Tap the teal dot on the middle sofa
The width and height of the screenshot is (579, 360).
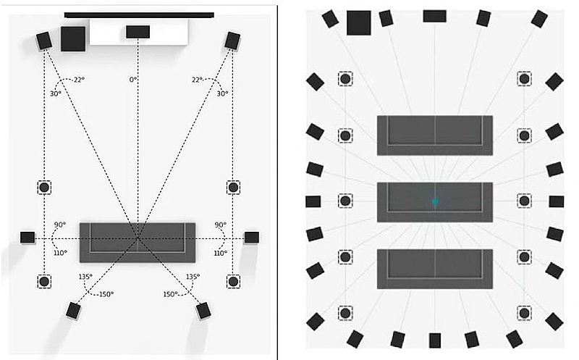[x=435, y=201]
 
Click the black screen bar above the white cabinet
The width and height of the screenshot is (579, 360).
[x=139, y=14]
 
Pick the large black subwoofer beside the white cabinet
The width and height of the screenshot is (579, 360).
[x=72, y=38]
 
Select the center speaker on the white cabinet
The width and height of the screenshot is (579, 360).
[x=138, y=31]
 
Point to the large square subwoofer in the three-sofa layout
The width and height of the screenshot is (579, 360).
[x=358, y=22]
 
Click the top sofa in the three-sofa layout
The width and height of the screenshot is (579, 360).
[x=435, y=135]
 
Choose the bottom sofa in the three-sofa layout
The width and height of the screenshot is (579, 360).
[x=435, y=269]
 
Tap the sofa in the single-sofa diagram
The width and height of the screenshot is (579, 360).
[x=138, y=242]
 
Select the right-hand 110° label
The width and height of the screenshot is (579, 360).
[x=220, y=253]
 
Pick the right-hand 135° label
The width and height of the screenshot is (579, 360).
[x=192, y=277]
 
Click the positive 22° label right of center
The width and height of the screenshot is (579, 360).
[x=198, y=80]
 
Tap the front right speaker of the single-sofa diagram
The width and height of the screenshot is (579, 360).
[x=232, y=41]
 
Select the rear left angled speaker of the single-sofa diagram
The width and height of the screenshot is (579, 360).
[x=73, y=311]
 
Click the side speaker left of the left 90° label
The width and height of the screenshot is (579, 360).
[x=28, y=237]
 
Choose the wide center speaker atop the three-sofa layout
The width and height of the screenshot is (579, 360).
[x=434, y=15]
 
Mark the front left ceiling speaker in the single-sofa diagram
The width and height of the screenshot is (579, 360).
[x=44, y=187]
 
